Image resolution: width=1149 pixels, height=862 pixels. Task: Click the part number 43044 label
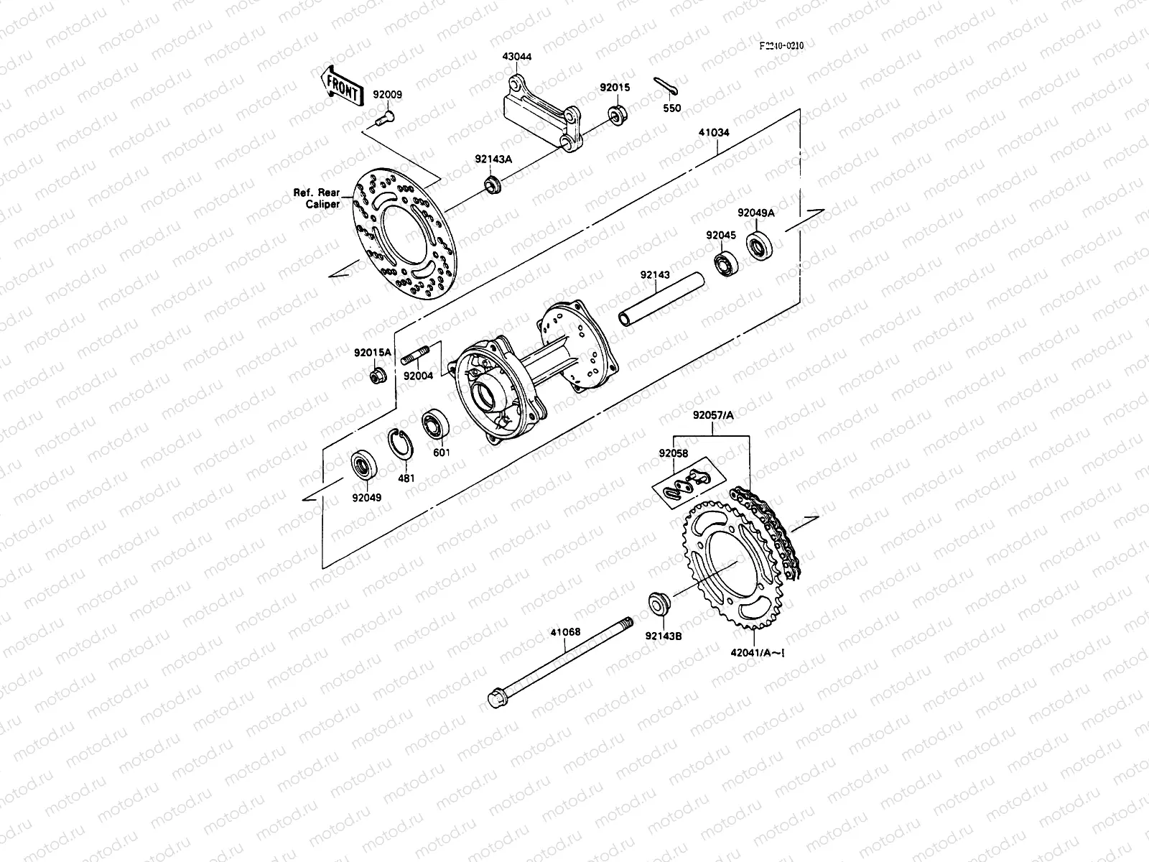[516, 56]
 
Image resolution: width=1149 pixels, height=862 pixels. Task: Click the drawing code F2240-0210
[782, 45]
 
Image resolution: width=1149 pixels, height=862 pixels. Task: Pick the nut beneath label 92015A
[376, 376]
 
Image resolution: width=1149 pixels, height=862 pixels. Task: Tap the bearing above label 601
[435, 424]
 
